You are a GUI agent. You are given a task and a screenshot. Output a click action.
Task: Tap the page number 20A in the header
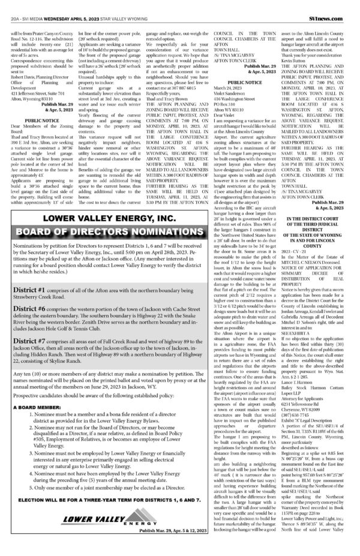coord(16,6)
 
